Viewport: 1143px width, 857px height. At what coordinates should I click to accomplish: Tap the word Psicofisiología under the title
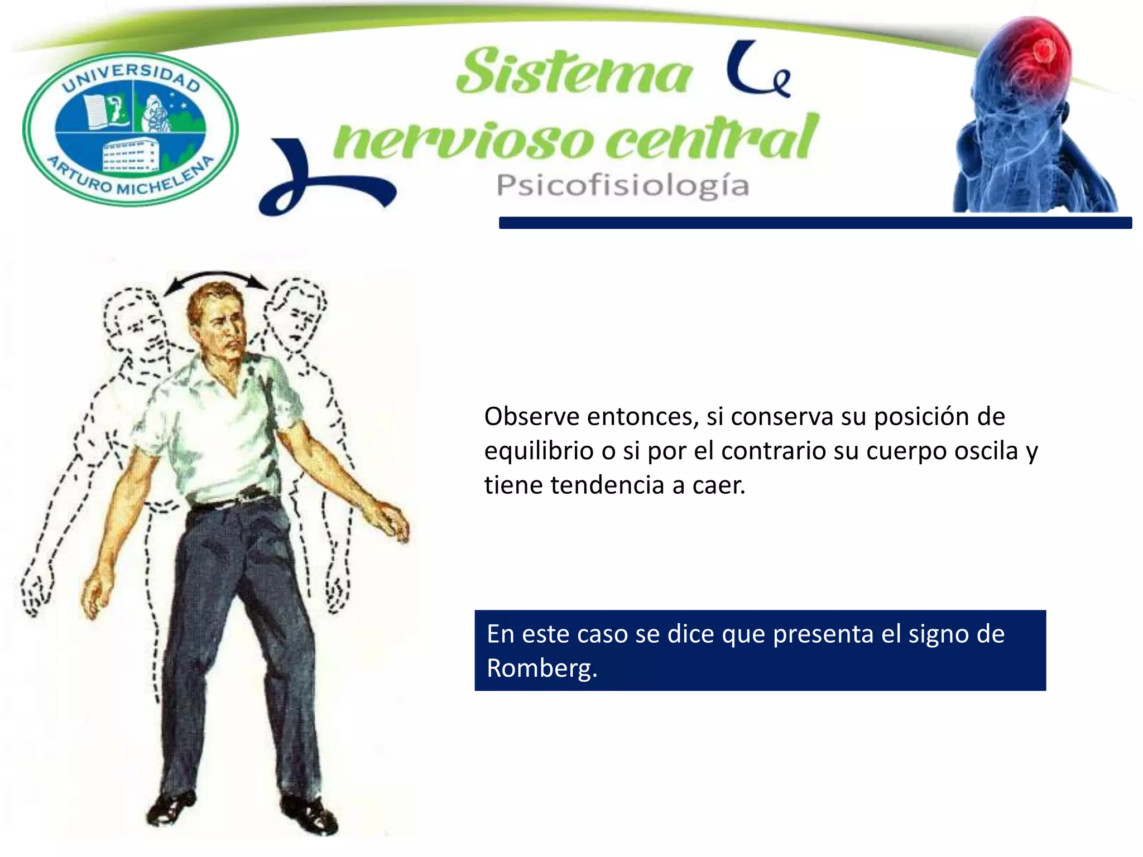tap(622, 186)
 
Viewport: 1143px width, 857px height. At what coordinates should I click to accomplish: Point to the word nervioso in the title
tap(463, 139)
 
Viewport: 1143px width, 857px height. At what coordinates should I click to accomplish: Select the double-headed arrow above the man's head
tap(215, 280)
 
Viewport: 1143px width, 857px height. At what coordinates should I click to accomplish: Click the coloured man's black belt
tap(234, 499)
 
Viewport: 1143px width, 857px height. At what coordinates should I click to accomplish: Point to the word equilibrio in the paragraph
tap(539, 451)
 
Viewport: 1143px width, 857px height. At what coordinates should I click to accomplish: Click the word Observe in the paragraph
tap(531, 417)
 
